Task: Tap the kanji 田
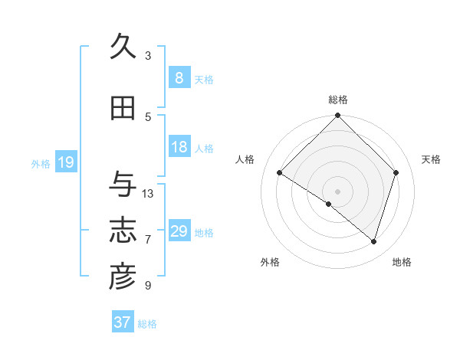(x=123, y=109)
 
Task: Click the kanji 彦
(x=123, y=277)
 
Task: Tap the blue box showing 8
(x=179, y=78)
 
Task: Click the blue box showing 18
(x=179, y=147)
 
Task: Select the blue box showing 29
(x=179, y=231)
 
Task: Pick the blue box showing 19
(x=65, y=162)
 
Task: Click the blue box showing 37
(x=123, y=322)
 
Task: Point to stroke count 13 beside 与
(x=148, y=194)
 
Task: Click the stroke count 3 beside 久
(x=148, y=56)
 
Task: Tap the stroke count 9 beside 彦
(x=148, y=286)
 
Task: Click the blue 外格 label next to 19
(x=41, y=163)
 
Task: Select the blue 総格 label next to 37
(x=147, y=324)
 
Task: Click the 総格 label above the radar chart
(x=338, y=100)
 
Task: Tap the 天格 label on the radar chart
(x=432, y=159)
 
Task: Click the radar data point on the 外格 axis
(x=329, y=205)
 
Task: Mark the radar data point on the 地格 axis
(x=373, y=241)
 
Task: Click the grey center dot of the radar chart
(x=338, y=190)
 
